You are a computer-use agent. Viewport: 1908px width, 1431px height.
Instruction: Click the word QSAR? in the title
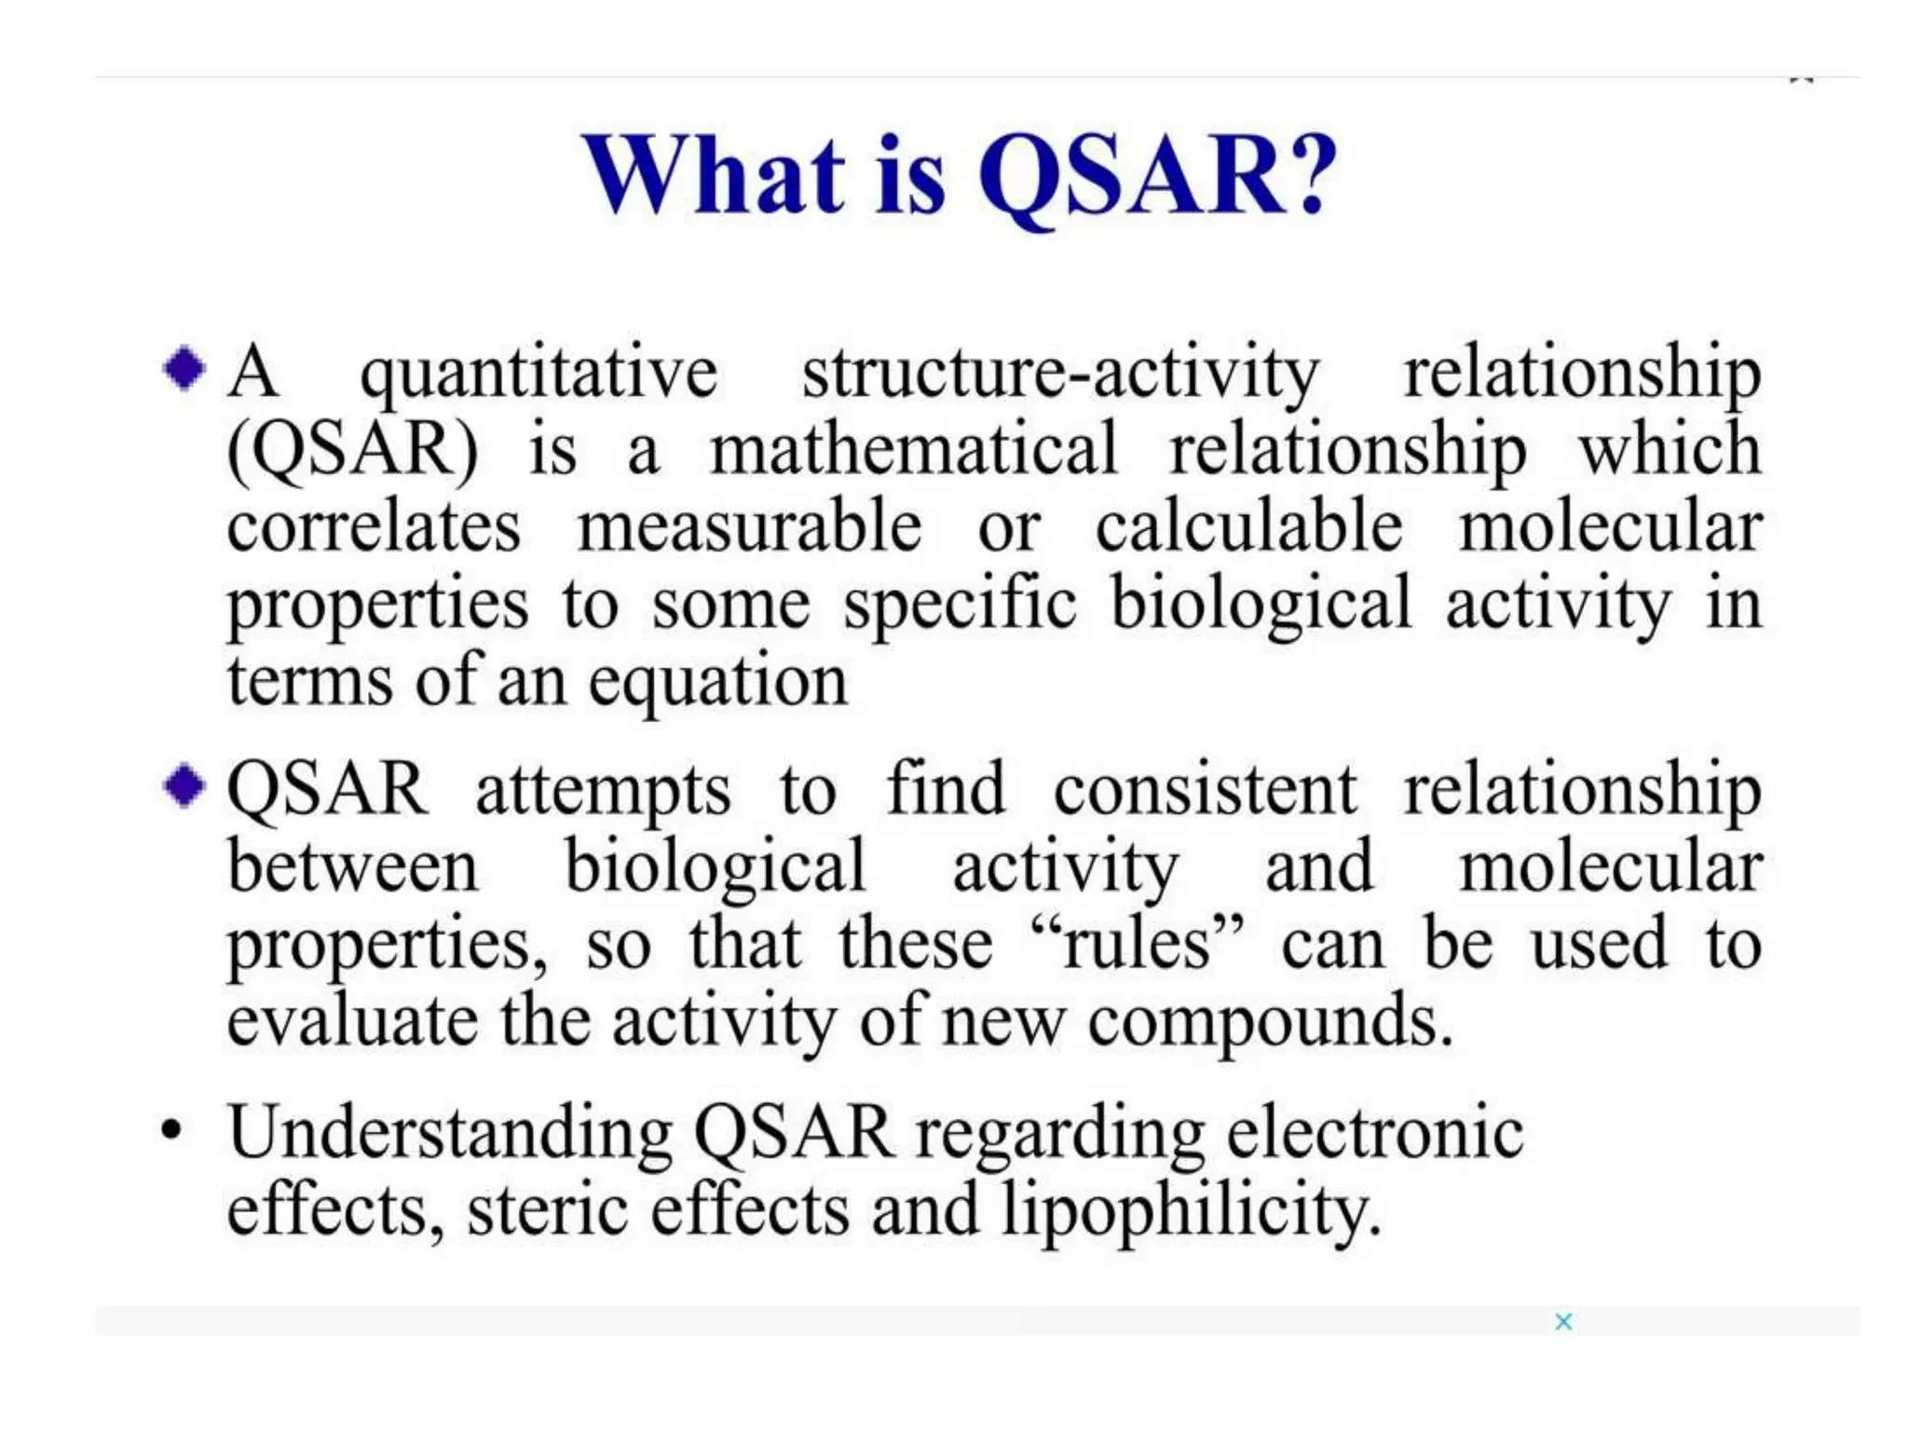point(1155,177)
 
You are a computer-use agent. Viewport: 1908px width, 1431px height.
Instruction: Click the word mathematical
point(913,450)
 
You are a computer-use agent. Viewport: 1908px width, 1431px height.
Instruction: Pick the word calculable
point(1248,527)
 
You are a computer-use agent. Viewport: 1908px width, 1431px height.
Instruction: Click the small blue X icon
point(1563,1321)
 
